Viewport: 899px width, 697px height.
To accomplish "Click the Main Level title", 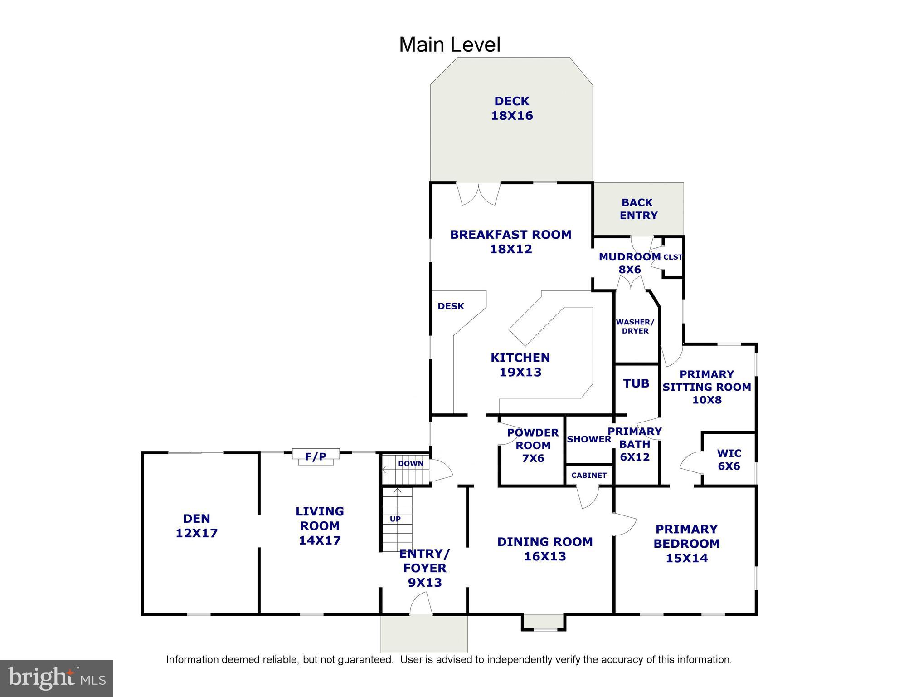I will tap(449, 44).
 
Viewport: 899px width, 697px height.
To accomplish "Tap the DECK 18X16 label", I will tap(511, 108).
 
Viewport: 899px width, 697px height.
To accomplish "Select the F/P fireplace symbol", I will tap(316, 456).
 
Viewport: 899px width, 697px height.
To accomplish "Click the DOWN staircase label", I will tap(410, 463).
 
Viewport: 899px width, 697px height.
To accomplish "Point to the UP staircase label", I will tap(395, 519).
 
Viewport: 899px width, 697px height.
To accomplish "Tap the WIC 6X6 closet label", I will tap(729, 459).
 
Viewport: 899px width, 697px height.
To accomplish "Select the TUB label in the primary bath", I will tap(636, 383).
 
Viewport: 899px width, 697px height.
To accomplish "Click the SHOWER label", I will tap(588, 439).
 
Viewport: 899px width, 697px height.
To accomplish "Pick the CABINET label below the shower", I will tap(588, 475).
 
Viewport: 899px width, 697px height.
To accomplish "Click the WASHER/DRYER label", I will tap(635, 326).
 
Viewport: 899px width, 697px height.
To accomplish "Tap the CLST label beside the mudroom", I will tap(672, 257).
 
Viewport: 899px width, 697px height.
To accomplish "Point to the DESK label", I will tap(451, 306).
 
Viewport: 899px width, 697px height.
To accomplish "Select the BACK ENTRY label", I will tap(638, 209).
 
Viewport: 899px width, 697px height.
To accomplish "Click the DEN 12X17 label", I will tap(196, 525).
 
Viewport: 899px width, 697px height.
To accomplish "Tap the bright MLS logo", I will tap(57, 678).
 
